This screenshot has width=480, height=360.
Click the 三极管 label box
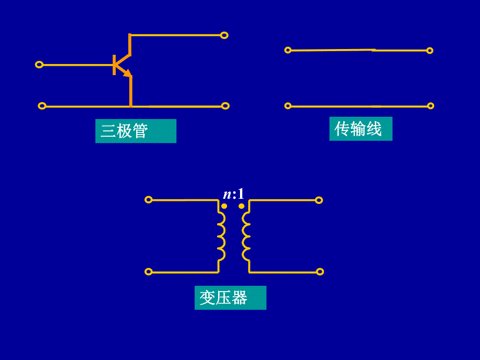pyautogui.click(x=136, y=131)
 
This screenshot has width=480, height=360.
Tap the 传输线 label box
pyautogui.click(x=361, y=129)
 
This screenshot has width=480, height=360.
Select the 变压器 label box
pyautogui.click(x=230, y=298)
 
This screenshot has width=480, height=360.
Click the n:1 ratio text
pyautogui.click(x=233, y=194)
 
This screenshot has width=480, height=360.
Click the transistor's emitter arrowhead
pyautogui.click(x=127, y=74)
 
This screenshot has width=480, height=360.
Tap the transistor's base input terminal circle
pyautogui.click(x=39, y=65)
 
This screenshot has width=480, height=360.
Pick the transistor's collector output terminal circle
pyautogui.click(x=224, y=35)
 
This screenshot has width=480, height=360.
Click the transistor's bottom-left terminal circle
pyautogui.click(x=42, y=106)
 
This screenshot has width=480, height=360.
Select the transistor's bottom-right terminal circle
pyautogui.click(x=225, y=106)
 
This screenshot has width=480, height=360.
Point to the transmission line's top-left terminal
pyautogui.click(x=287, y=50)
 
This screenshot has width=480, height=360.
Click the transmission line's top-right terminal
pyautogui.click(x=429, y=51)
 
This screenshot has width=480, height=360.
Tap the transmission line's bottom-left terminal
pyautogui.click(x=287, y=106)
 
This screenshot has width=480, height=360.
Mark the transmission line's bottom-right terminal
pyautogui.click(x=430, y=106)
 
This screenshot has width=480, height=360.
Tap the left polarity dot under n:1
pyautogui.click(x=224, y=206)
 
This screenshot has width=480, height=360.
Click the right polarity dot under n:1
pyautogui.click(x=242, y=206)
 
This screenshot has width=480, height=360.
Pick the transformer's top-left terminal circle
pyautogui.click(x=148, y=199)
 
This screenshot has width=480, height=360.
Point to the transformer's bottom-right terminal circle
pyautogui.click(x=320, y=271)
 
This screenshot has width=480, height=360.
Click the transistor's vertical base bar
pyautogui.click(x=114, y=65)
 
